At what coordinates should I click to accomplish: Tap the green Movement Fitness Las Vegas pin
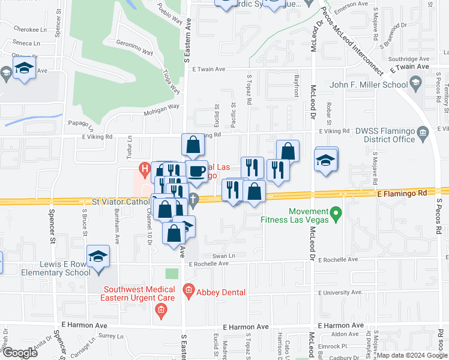(336, 213)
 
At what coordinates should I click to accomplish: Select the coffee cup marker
(196, 172)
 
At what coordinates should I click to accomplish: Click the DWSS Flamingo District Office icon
(422, 132)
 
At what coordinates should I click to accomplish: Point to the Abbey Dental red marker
(188, 292)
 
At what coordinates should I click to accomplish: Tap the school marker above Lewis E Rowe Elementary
(98, 257)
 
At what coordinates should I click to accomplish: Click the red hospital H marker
(143, 169)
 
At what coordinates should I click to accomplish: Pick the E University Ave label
(340, 292)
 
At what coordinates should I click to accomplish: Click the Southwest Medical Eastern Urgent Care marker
(160, 310)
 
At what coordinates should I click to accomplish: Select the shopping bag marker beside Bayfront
(288, 151)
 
